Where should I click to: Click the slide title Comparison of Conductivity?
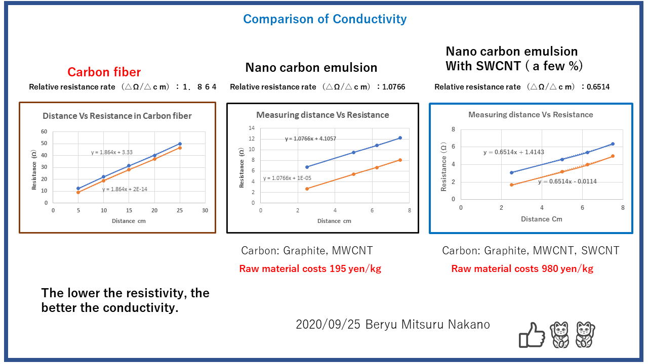coord(325,19)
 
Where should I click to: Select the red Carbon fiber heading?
coord(104,72)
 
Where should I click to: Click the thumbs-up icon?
coord(532,335)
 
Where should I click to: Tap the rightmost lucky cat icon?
coord(585,335)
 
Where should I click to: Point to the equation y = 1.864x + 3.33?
coord(112,152)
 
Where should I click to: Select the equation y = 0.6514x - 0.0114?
coord(567,181)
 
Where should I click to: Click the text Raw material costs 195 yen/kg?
coord(310,269)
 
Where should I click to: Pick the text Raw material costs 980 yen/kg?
coord(522,269)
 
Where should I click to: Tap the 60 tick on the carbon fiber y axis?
coord(44,131)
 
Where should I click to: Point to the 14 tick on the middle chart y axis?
coord(252,128)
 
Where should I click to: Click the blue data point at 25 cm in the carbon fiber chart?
coord(180,144)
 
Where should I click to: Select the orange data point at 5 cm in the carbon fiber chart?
coord(78,192)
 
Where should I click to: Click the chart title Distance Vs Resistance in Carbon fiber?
coord(117,116)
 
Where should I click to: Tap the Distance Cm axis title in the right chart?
coord(542,219)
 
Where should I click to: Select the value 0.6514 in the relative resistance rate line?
coord(598,87)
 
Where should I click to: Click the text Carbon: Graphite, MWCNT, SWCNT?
coord(531,251)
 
